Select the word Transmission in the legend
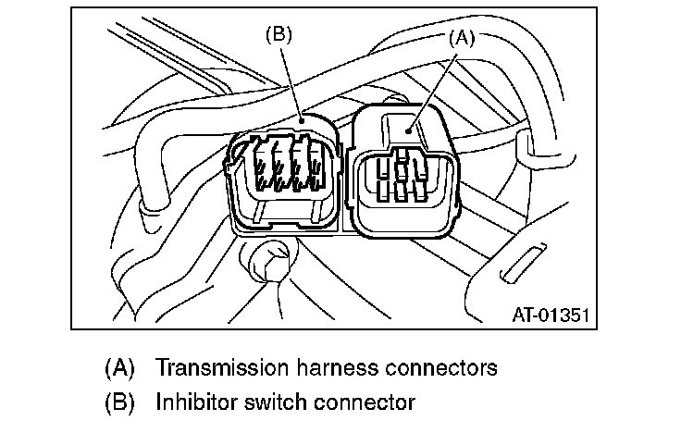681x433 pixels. tap(218, 367)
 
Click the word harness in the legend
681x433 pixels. tap(337, 367)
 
